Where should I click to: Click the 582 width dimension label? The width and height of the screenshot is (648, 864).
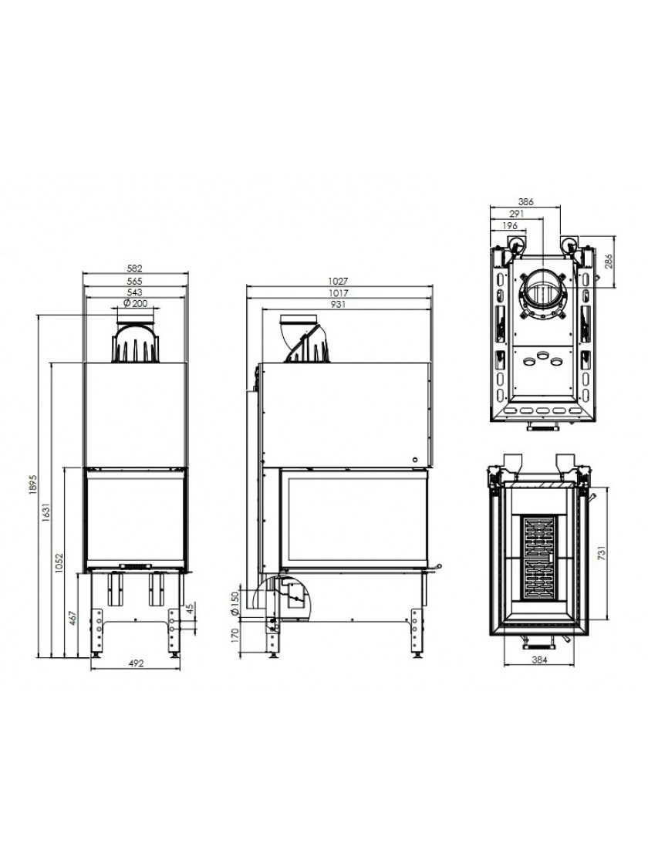click(134, 268)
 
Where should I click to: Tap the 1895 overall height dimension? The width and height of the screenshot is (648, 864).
click(32, 484)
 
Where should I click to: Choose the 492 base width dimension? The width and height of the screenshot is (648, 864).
click(136, 663)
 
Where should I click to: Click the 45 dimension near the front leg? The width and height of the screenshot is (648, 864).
click(191, 609)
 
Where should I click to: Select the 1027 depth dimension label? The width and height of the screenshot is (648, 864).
click(339, 281)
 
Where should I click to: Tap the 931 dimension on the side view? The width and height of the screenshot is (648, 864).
click(339, 304)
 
